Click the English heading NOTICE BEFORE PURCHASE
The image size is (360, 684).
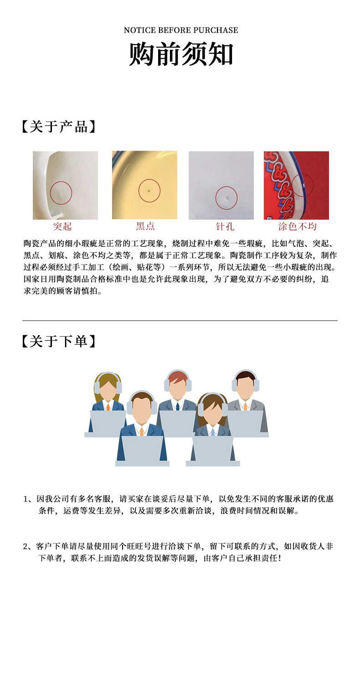tap(181, 30)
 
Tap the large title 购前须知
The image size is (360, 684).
tap(181, 55)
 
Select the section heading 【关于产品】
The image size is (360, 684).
tap(59, 126)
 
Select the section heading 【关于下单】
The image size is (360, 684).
tap(59, 341)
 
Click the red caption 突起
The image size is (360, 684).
tap(62, 226)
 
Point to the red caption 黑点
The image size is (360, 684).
tap(145, 226)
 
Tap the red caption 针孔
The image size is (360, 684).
tap(225, 226)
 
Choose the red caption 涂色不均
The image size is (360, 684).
tap(297, 226)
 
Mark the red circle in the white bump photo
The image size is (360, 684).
tap(61, 193)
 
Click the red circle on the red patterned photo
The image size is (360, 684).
tap(302, 185)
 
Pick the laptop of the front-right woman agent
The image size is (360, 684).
tap(212, 449)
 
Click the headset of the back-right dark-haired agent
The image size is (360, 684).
tap(246, 376)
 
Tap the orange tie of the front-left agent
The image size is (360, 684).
tap(142, 431)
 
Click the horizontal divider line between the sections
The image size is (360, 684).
tap(180, 321)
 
